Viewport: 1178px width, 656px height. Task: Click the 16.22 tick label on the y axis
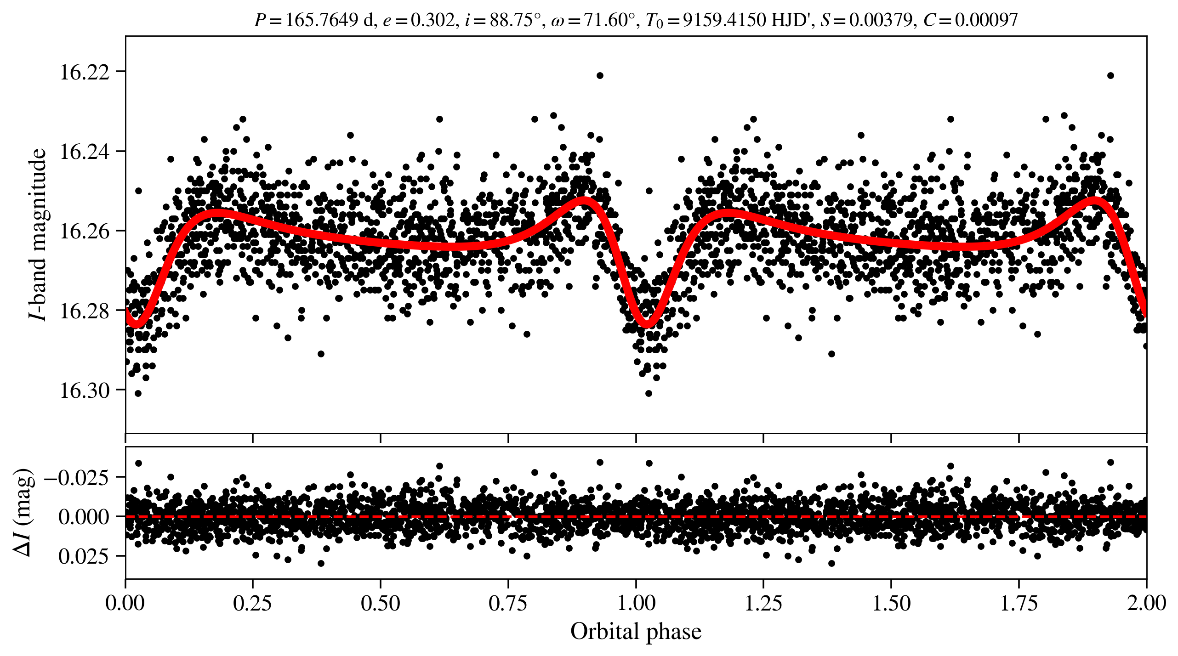[x=85, y=72]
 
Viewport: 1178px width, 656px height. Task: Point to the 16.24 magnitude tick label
[x=85, y=152]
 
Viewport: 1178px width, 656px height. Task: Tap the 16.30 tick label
[x=85, y=390]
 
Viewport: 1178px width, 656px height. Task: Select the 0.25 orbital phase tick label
[x=252, y=603]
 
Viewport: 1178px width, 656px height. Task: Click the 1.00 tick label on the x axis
[x=636, y=603]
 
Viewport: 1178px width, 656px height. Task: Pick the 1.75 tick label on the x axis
[x=1019, y=603]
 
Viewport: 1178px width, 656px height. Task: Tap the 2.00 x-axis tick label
[x=1146, y=603]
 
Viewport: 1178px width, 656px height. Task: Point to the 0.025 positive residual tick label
[x=84, y=556]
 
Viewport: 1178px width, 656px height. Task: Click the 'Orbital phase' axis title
[x=636, y=632]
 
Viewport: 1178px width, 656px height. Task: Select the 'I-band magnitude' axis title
[x=38, y=234]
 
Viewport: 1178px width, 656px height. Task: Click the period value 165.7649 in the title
[x=322, y=20]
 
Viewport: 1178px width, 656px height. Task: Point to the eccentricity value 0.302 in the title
[x=432, y=20]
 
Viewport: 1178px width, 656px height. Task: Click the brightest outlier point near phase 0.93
[x=599, y=75]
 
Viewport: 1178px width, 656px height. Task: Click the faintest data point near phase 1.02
[x=649, y=393]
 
